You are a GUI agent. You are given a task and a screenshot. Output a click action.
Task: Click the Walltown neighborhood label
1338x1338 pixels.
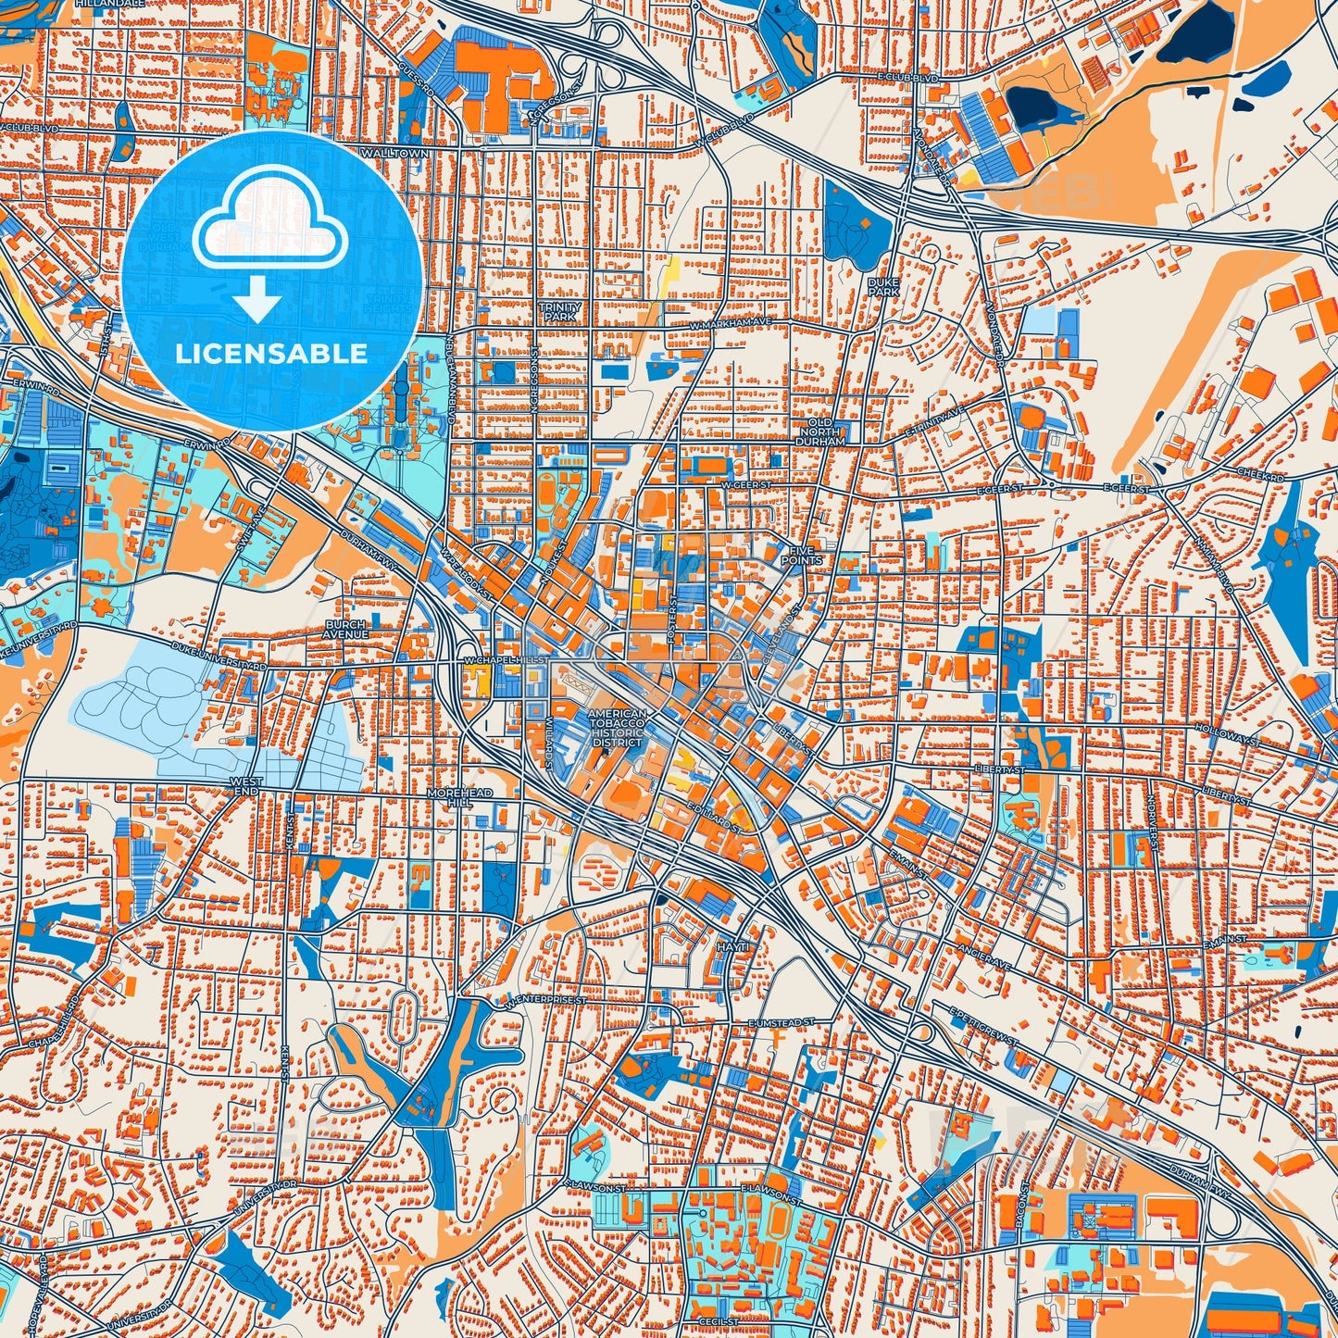tap(395, 153)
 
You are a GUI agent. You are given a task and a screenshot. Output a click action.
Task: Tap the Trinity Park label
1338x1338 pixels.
tap(560, 311)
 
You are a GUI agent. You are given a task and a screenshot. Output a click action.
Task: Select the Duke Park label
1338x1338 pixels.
tap(883, 285)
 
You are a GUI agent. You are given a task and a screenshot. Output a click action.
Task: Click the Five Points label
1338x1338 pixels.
tap(801, 555)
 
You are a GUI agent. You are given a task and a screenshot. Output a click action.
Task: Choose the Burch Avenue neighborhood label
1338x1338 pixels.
tap(346, 630)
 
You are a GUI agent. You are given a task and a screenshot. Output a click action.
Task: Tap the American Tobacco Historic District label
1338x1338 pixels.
tap(616, 729)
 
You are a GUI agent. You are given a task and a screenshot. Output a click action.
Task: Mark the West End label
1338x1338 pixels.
tap(245, 787)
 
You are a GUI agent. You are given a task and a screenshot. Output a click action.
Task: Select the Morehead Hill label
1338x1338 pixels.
tap(460, 798)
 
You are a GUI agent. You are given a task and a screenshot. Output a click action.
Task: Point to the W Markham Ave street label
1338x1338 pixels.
tap(731, 323)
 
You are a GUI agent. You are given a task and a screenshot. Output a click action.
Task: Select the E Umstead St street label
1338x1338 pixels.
tap(781, 1021)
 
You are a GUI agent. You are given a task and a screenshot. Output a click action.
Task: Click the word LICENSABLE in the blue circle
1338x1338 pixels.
tap(271, 354)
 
